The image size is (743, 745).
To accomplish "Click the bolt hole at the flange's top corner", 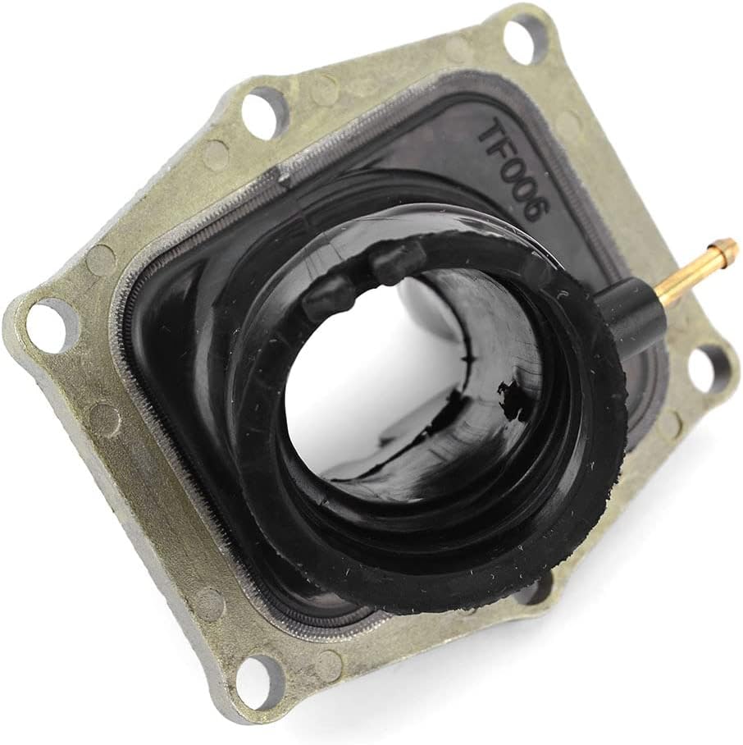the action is click(x=526, y=39).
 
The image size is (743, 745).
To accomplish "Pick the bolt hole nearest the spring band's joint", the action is click(x=263, y=112).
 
